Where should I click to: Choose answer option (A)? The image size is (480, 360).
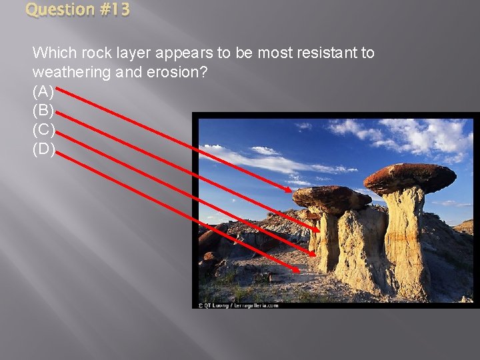pyautogui.click(x=43, y=91)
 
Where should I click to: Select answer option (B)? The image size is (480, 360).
pyautogui.click(x=43, y=111)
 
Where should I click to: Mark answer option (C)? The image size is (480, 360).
pyautogui.click(x=43, y=130)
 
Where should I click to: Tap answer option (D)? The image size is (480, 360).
pyautogui.click(x=43, y=149)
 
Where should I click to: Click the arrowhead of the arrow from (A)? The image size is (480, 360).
pyautogui.click(x=289, y=191)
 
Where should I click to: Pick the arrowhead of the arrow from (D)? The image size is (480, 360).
pyautogui.click(x=296, y=270)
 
